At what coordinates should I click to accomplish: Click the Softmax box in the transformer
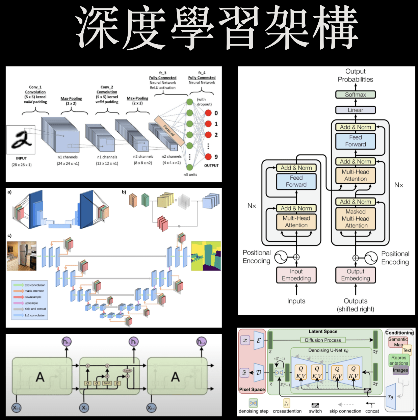coord(355,95)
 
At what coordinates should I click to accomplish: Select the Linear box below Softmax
coord(355,110)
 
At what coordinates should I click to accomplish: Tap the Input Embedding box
coord(296,275)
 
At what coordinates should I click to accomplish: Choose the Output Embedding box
coord(355,275)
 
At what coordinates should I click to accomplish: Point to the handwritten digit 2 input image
coord(21,139)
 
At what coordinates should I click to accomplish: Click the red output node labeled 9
coord(208,157)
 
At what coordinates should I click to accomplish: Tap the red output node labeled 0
coord(208,113)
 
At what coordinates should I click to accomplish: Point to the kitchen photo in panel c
coord(22,256)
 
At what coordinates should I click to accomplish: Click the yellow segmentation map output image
coord(206,256)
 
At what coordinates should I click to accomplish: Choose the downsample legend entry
coord(33,297)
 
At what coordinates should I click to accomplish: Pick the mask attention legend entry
coord(34,291)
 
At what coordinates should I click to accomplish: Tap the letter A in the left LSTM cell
coord(40,376)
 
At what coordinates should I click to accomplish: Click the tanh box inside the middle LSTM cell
coord(107,383)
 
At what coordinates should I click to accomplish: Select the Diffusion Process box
coord(323,340)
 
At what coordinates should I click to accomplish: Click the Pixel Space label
coord(252,389)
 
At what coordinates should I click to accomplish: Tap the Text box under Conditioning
coord(407,350)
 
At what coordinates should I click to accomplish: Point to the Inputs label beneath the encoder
coord(296,301)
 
